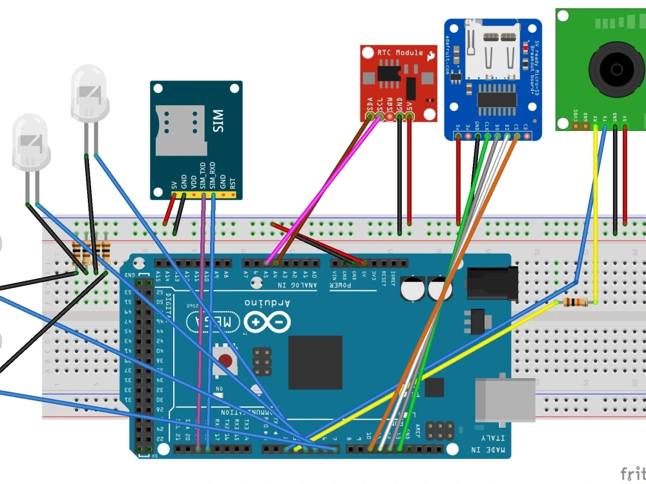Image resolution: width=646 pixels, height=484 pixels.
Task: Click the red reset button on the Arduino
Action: pos(225,360)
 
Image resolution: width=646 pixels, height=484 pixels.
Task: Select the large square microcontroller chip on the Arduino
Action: pos(315,363)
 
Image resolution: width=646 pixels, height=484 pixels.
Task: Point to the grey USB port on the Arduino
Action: pos(505,399)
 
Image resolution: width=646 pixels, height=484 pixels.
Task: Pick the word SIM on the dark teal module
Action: pos(218,121)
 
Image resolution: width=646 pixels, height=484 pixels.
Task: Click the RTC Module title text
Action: pos(400,52)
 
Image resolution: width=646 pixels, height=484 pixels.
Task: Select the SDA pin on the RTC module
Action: pos(370,117)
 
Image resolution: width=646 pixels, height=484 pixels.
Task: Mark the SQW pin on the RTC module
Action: pos(390,117)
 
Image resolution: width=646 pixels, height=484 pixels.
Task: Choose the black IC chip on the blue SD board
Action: pos(497,99)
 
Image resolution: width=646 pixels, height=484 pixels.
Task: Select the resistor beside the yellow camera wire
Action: pos(576,303)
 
